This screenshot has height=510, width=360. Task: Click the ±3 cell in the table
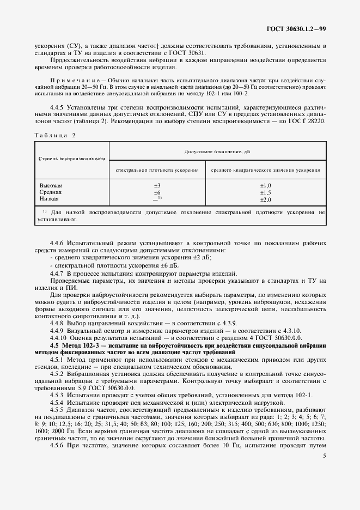point(157,186)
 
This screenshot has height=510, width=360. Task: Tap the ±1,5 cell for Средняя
point(266,193)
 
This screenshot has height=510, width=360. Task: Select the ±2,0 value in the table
point(266,200)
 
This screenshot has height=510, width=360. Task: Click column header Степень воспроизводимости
point(71,158)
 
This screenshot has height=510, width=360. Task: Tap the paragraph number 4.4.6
point(57,242)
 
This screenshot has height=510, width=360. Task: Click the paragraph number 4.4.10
point(58,338)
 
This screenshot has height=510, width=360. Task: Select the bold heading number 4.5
point(54,345)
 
